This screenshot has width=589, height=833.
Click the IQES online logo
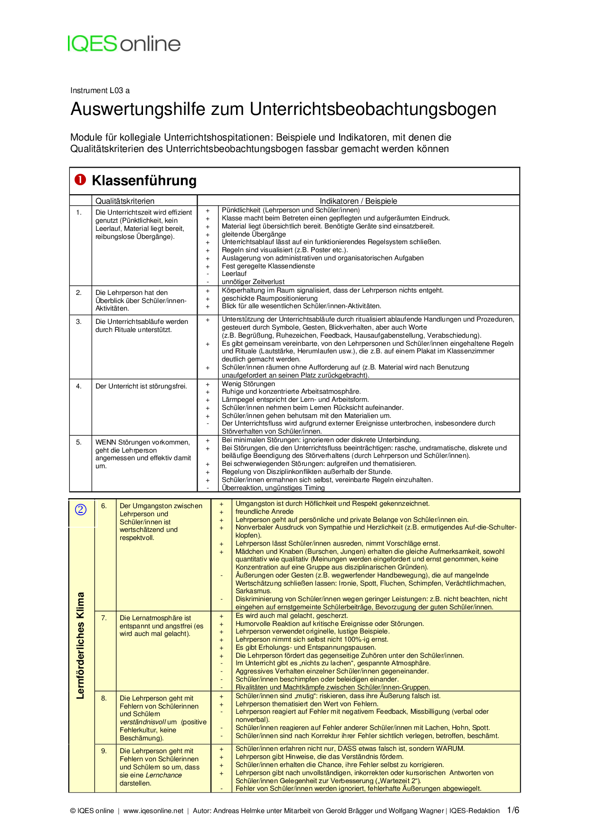pyautogui.click(x=124, y=44)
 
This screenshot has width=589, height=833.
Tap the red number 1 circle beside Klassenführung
pyautogui.click(x=80, y=180)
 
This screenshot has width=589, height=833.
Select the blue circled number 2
pyautogui.click(x=81, y=510)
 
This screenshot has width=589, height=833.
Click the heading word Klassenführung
pyautogui.click(x=144, y=180)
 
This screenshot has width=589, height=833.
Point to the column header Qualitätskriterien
pyautogui.click(x=125, y=201)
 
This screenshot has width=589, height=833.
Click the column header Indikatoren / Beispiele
pyautogui.click(x=358, y=201)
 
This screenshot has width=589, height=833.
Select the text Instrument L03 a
pyautogui.click(x=100, y=90)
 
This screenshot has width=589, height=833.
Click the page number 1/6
pyautogui.click(x=513, y=810)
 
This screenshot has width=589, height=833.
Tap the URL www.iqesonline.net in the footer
pyautogui.click(x=153, y=811)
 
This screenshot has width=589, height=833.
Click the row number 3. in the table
pyautogui.click(x=79, y=322)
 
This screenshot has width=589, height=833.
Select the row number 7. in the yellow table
pyautogui.click(x=104, y=617)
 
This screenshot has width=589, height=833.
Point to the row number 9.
pyautogui.click(x=104, y=750)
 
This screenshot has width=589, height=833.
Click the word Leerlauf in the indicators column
pyautogui.click(x=234, y=274)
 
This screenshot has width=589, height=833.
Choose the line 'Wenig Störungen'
pyautogui.click(x=248, y=384)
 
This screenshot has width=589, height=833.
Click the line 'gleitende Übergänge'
pyautogui.click(x=254, y=234)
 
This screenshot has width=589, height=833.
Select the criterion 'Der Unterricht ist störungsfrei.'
pyautogui.click(x=141, y=386)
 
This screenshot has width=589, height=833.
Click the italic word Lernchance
pyautogui.click(x=163, y=775)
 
